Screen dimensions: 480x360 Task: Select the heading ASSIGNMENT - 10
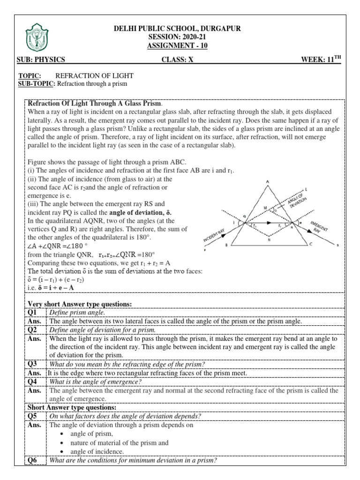click(177, 45)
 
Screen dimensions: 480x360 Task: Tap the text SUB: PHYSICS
click(40, 60)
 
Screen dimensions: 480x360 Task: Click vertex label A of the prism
click(267, 182)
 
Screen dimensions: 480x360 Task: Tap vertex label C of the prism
click(311, 244)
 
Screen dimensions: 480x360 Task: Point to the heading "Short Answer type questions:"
click(72, 407)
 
